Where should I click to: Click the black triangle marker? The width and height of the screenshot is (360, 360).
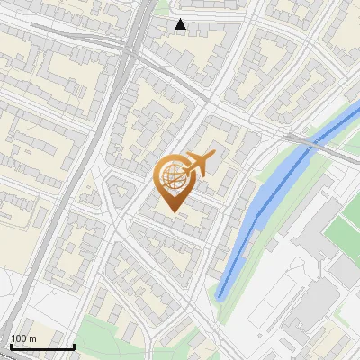click(x=181, y=24)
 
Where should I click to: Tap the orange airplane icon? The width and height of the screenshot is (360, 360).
click(x=198, y=163)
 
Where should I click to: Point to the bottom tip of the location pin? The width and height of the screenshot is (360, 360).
click(x=173, y=211)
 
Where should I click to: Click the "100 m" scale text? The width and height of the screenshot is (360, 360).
click(x=23, y=338)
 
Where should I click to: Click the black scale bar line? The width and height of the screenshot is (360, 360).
click(x=42, y=346)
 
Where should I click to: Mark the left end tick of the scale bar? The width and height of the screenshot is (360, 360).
click(x=11, y=345)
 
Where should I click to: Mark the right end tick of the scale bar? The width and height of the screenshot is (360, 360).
click(x=74, y=345)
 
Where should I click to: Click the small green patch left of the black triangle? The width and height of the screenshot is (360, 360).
click(x=162, y=9)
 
